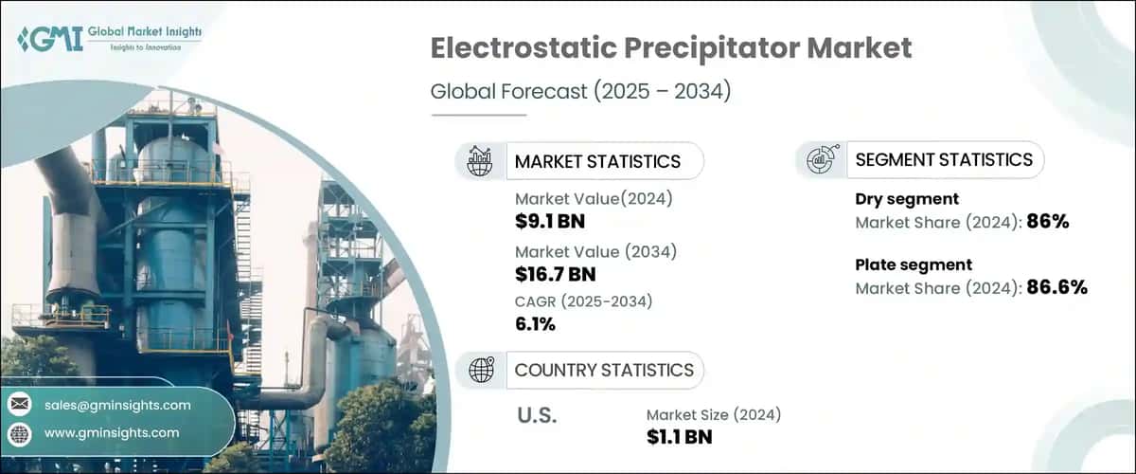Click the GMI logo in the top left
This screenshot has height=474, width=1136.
[x=109, y=39]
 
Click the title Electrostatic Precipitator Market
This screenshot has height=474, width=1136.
[x=671, y=49]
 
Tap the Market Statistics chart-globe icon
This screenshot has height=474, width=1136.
[x=479, y=160]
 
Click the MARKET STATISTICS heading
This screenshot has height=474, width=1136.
[x=597, y=161]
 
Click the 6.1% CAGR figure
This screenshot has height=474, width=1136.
[x=536, y=324]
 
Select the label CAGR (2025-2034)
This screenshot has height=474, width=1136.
[x=584, y=301]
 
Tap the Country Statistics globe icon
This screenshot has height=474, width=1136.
[x=481, y=370]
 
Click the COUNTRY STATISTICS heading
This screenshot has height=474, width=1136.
[x=604, y=370]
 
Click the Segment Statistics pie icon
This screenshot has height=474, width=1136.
[x=820, y=160]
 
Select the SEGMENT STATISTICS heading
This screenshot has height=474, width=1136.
[x=944, y=160]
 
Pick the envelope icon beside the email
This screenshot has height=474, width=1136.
[x=19, y=405]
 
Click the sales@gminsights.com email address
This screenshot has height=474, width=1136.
[x=117, y=405]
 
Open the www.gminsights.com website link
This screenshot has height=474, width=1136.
[x=112, y=433]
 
